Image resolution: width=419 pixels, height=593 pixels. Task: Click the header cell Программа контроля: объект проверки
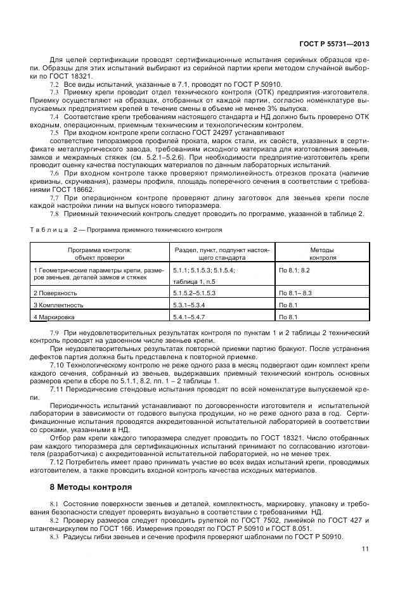[x=100, y=254]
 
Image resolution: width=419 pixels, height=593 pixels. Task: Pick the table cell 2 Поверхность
[x=55, y=293]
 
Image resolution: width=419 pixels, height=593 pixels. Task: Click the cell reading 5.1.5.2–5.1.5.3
[x=195, y=293]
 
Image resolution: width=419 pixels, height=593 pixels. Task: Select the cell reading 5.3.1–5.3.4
[x=189, y=305]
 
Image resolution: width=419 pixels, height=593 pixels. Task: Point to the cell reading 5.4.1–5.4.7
[x=189, y=316]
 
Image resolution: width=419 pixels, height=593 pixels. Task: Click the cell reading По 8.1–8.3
[x=295, y=293]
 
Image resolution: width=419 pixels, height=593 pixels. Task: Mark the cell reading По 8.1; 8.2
[x=294, y=271]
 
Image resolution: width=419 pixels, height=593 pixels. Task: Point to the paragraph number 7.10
[x=56, y=365]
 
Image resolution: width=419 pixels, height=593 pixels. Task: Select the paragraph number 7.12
[x=56, y=462]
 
